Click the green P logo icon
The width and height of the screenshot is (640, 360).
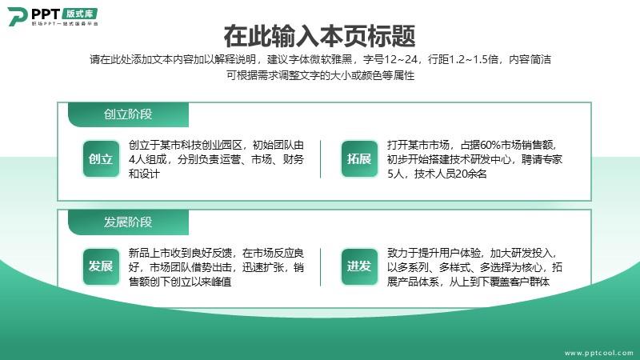coord(17,17)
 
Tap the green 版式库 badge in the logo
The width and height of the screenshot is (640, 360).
coord(80,14)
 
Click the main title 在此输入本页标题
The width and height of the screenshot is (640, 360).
coord(319,36)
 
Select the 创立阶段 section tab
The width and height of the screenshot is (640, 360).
coord(128,114)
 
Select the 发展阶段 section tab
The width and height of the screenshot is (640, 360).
coord(128,222)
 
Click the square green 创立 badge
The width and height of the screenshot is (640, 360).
coord(101,158)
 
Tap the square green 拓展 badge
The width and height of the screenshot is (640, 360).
coord(359,158)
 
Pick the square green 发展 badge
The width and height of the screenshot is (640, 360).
coord(101,266)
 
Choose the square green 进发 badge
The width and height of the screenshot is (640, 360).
coord(359,266)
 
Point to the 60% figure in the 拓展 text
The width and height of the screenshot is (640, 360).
coord(490,145)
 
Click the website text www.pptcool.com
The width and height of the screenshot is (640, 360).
coord(598,353)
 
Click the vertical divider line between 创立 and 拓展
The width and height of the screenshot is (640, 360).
coord(321,159)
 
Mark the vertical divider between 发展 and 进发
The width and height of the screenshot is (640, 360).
coord(321,267)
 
